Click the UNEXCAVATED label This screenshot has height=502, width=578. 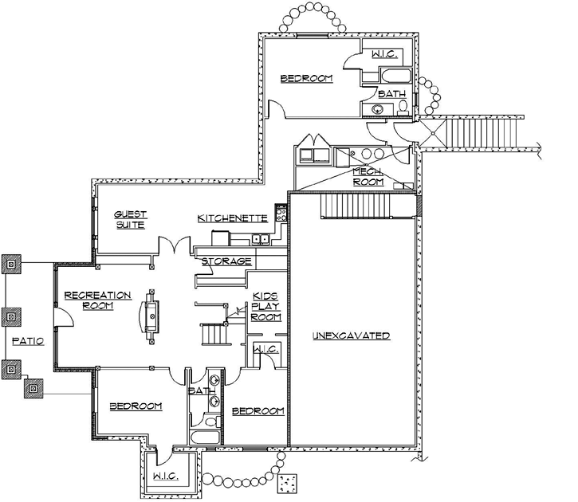coord(351,335)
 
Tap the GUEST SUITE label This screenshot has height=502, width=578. coord(128,220)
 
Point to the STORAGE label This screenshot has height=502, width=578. coord(226,261)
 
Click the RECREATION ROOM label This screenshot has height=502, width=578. coord(87,300)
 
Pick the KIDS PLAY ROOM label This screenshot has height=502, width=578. coord(265,305)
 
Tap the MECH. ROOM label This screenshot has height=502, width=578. coord(368,177)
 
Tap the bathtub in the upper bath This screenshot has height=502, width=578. coord(395,77)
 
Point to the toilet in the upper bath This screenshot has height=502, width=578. coord(403,106)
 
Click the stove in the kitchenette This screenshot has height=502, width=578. coord(281,213)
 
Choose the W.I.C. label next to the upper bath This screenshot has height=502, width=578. coord(383,54)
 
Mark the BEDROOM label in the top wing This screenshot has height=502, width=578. coord(305,78)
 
